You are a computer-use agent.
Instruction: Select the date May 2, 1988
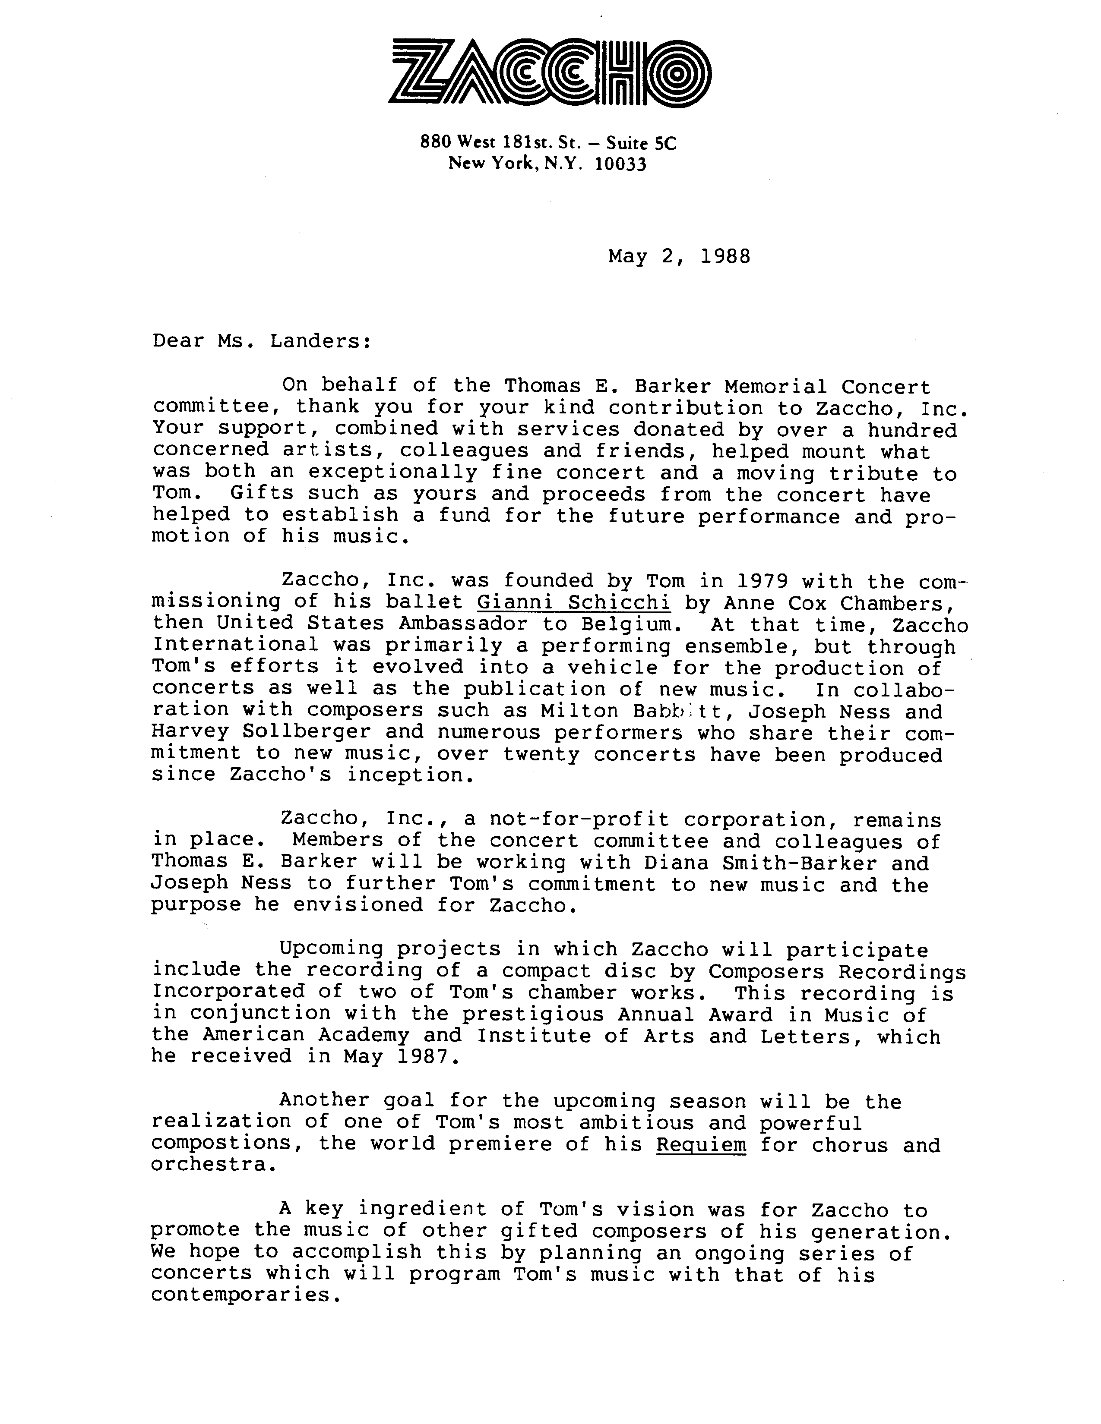[x=679, y=256]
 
